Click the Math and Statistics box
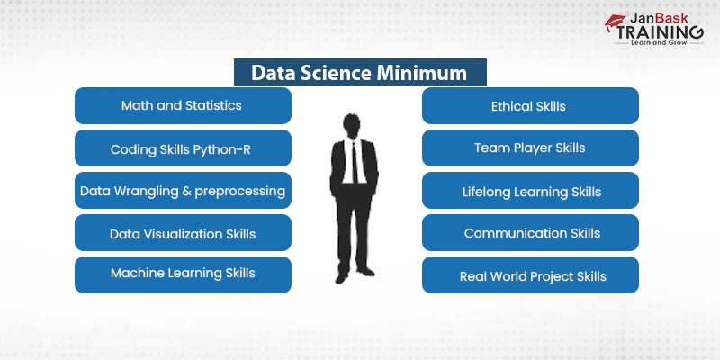[182, 105]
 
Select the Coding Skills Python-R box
[182, 148]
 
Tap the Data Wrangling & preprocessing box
[182, 191]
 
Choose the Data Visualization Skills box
[182, 233]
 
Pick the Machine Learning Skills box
[182, 274]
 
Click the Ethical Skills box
[529, 105]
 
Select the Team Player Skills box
[529, 148]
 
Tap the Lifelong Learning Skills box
[529, 191]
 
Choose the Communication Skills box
[529, 233]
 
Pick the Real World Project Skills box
[529, 275]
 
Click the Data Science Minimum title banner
[359, 72]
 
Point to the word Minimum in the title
[422, 72]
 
